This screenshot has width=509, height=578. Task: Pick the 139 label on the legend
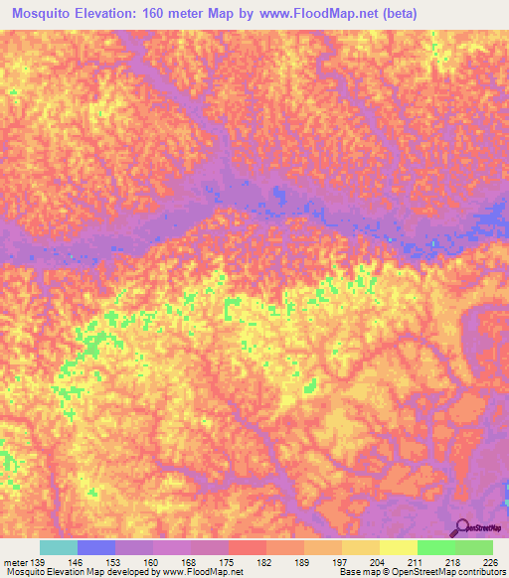pos(37,562)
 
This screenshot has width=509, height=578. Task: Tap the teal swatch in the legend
pos(58,547)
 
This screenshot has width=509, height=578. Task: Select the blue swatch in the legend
pos(95,547)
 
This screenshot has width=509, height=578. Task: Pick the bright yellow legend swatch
pos(398,547)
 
